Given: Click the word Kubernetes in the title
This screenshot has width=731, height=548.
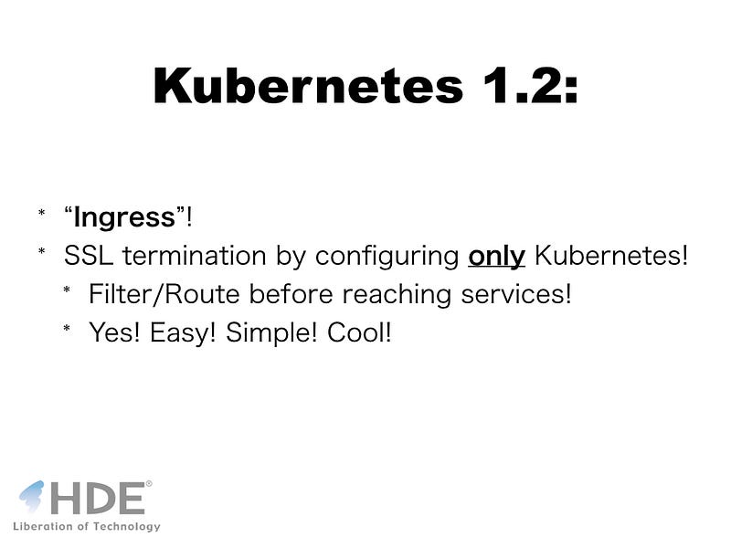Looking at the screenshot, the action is [308, 86].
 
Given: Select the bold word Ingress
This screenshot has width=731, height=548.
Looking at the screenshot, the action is [124, 218].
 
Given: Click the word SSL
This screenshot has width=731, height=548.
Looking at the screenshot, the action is [89, 256].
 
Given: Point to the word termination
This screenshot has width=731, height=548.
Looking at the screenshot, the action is [195, 256].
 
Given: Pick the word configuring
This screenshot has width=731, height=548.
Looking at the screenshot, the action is [387, 257].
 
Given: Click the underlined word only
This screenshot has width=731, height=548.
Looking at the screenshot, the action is [496, 257].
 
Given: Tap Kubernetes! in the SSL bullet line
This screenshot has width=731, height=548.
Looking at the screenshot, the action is [611, 256].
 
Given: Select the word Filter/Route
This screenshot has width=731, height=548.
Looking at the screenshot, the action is [164, 294].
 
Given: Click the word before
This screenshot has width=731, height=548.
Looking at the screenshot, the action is [291, 294].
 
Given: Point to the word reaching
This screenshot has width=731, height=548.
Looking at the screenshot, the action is [397, 295].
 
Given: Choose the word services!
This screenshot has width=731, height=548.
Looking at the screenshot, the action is [516, 294].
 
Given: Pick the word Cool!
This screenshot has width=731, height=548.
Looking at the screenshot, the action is [359, 332].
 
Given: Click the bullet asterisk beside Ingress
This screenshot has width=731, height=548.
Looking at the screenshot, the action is [41, 213].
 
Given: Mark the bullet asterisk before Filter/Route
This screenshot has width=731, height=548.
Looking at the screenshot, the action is [67, 290].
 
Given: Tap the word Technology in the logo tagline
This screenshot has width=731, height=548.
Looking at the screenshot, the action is [126, 527].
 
